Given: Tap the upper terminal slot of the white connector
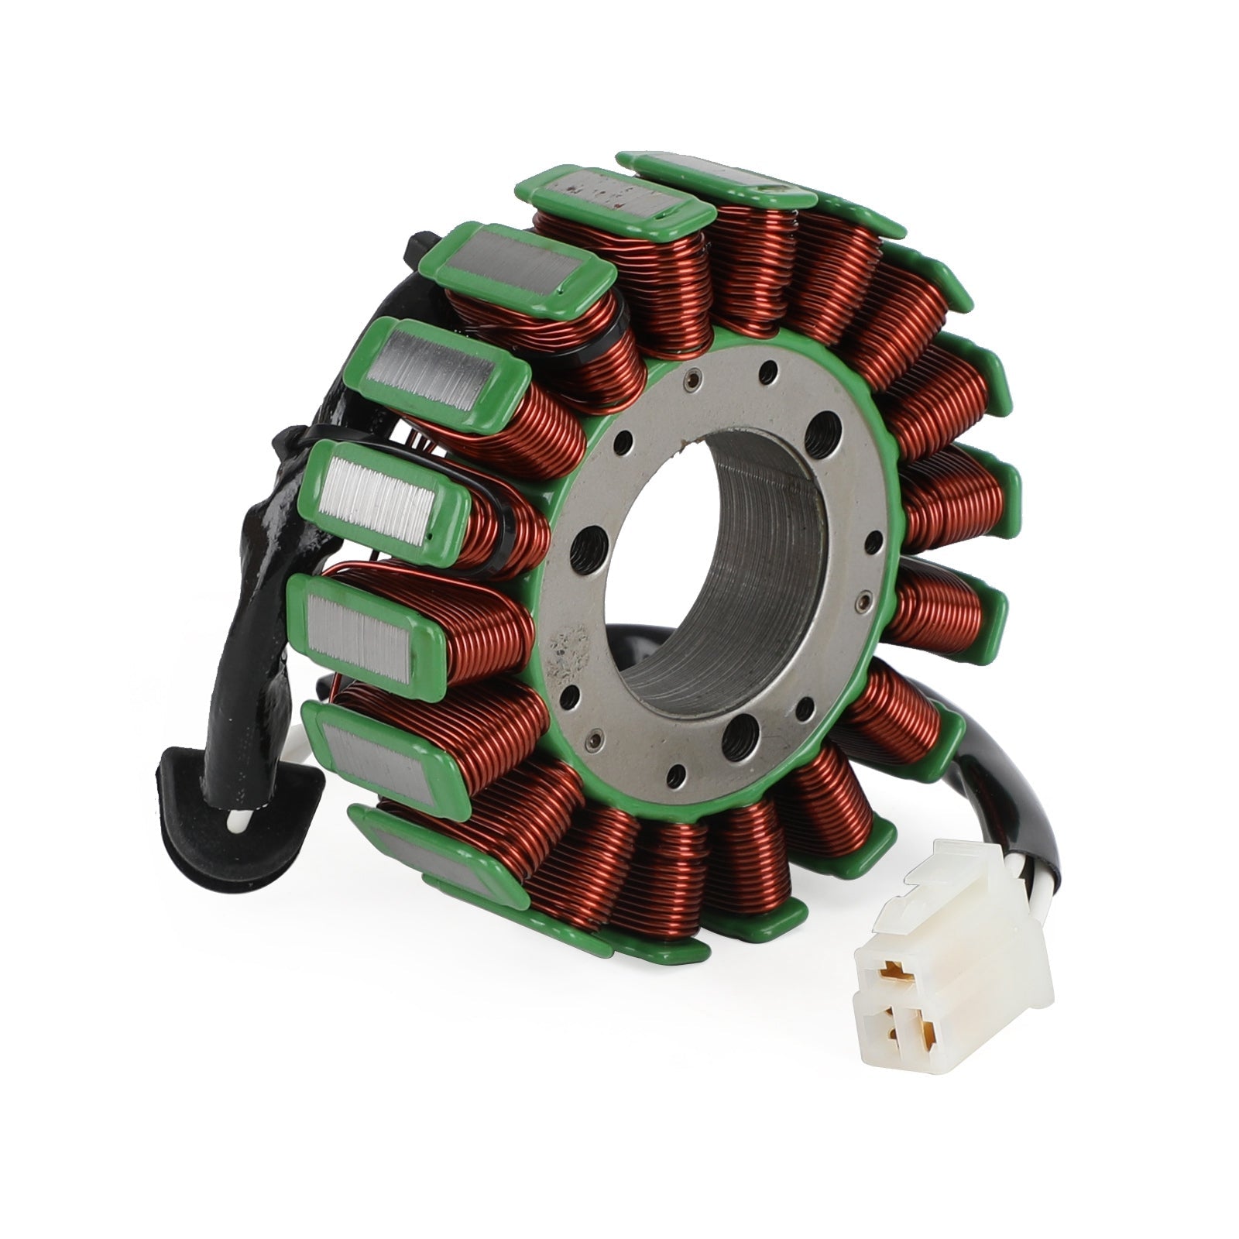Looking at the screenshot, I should coord(898,967).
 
